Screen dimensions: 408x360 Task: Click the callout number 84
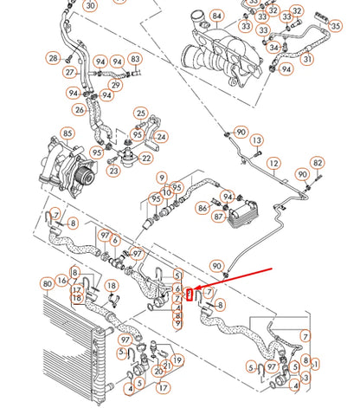click(x=216, y=16)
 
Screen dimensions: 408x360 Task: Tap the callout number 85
click(x=67, y=133)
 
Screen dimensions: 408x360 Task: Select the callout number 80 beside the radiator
click(x=47, y=282)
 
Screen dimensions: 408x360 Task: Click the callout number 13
click(x=257, y=139)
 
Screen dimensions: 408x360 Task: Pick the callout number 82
click(x=318, y=163)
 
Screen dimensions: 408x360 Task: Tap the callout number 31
click(x=307, y=59)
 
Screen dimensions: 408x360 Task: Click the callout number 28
click(x=53, y=58)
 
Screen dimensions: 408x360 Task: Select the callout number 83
click(x=135, y=59)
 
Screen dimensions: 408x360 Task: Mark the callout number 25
click(x=140, y=114)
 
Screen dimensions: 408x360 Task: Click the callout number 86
click(x=202, y=208)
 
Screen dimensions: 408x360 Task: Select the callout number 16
click(x=62, y=282)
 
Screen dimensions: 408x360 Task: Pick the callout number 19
click(x=177, y=359)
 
